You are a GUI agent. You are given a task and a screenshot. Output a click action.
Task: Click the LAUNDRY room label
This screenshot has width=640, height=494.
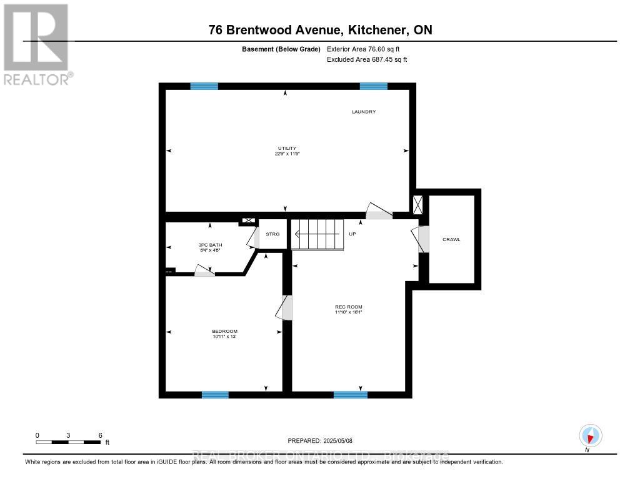[363, 112]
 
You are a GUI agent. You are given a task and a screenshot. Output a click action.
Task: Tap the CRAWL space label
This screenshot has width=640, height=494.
[451, 239]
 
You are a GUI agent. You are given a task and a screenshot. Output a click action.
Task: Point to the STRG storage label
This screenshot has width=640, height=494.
[272, 234]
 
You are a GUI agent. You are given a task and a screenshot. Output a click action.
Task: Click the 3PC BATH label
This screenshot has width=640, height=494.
[210, 245]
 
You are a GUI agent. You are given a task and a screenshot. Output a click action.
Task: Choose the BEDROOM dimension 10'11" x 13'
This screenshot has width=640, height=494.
[224, 337]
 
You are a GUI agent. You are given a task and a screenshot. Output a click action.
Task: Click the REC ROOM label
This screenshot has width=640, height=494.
[349, 307]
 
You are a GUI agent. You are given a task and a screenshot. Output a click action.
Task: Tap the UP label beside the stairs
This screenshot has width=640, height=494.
[352, 234]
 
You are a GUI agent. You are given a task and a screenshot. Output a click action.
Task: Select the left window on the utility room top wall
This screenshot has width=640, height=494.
[204, 86]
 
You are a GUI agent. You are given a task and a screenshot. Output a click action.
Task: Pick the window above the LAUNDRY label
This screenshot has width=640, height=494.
[373, 86]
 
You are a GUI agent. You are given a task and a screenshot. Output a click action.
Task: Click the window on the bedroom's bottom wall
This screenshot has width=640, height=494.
[215, 395]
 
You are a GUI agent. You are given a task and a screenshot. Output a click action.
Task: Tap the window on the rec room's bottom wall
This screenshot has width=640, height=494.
[350, 395]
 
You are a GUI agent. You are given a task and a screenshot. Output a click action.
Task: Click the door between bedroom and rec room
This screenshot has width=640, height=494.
[286, 308]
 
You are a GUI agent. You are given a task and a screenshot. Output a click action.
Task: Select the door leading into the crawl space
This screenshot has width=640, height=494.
[422, 239]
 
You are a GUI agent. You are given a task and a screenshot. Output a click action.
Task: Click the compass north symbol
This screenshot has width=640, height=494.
[590, 435]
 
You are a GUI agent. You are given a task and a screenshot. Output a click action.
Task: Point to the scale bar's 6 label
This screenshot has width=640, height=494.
[100, 435]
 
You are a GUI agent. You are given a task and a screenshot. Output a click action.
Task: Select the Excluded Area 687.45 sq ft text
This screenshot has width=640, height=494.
[367, 60]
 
